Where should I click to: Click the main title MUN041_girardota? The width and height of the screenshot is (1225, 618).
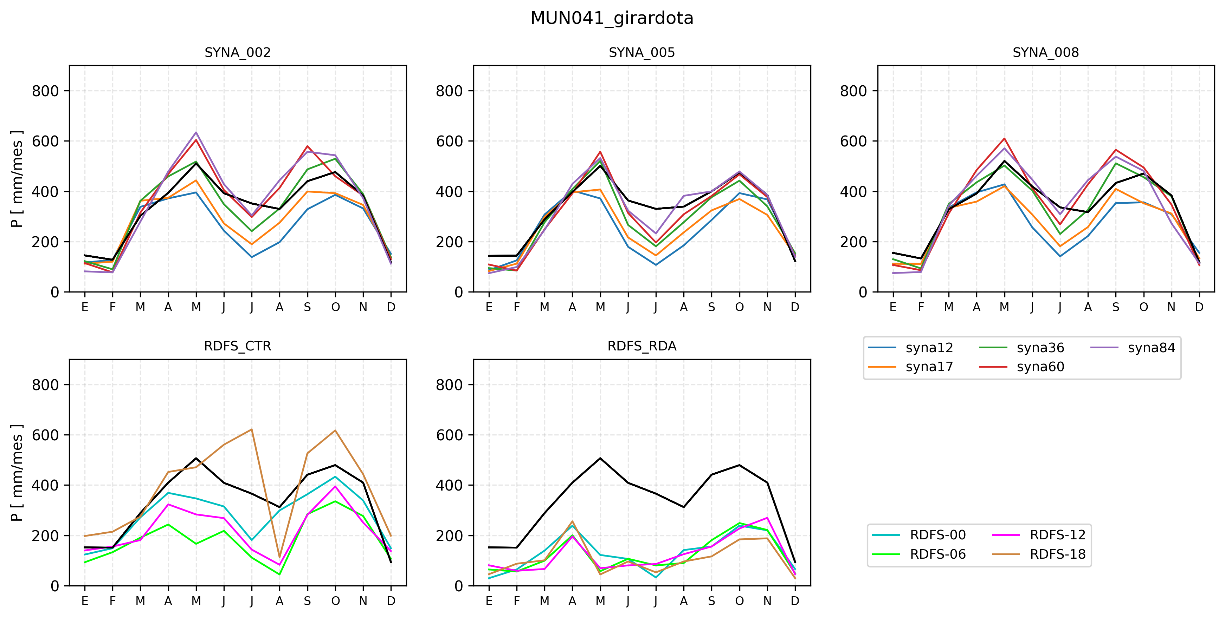pyautogui.click(x=612, y=18)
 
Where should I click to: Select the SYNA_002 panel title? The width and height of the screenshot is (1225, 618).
pyautogui.click(x=237, y=52)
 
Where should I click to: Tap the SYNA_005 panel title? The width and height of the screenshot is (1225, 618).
pyautogui.click(x=641, y=52)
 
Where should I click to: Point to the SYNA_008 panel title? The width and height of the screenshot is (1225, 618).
pyautogui.click(x=1045, y=52)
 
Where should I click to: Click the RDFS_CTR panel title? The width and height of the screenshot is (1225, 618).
pyautogui.click(x=237, y=346)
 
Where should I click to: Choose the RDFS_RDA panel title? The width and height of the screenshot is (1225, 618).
pyautogui.click(x=641, y=346)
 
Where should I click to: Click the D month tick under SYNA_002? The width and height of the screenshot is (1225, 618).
pyautogui.click(x=391, y=307)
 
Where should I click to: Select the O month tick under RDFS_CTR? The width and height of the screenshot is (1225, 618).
pyautogui.click(x=335, y=601)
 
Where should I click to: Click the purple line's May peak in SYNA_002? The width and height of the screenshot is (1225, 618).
pyautogui.click(x=196, y=132)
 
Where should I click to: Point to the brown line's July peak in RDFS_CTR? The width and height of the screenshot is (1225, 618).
pyautogui.click(x=252, y=429)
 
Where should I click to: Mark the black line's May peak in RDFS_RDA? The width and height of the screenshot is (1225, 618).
pyautogui.click(x=600, y=458)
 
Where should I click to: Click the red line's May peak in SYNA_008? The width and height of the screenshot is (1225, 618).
pyautogui.click(x=1004, y=139)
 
